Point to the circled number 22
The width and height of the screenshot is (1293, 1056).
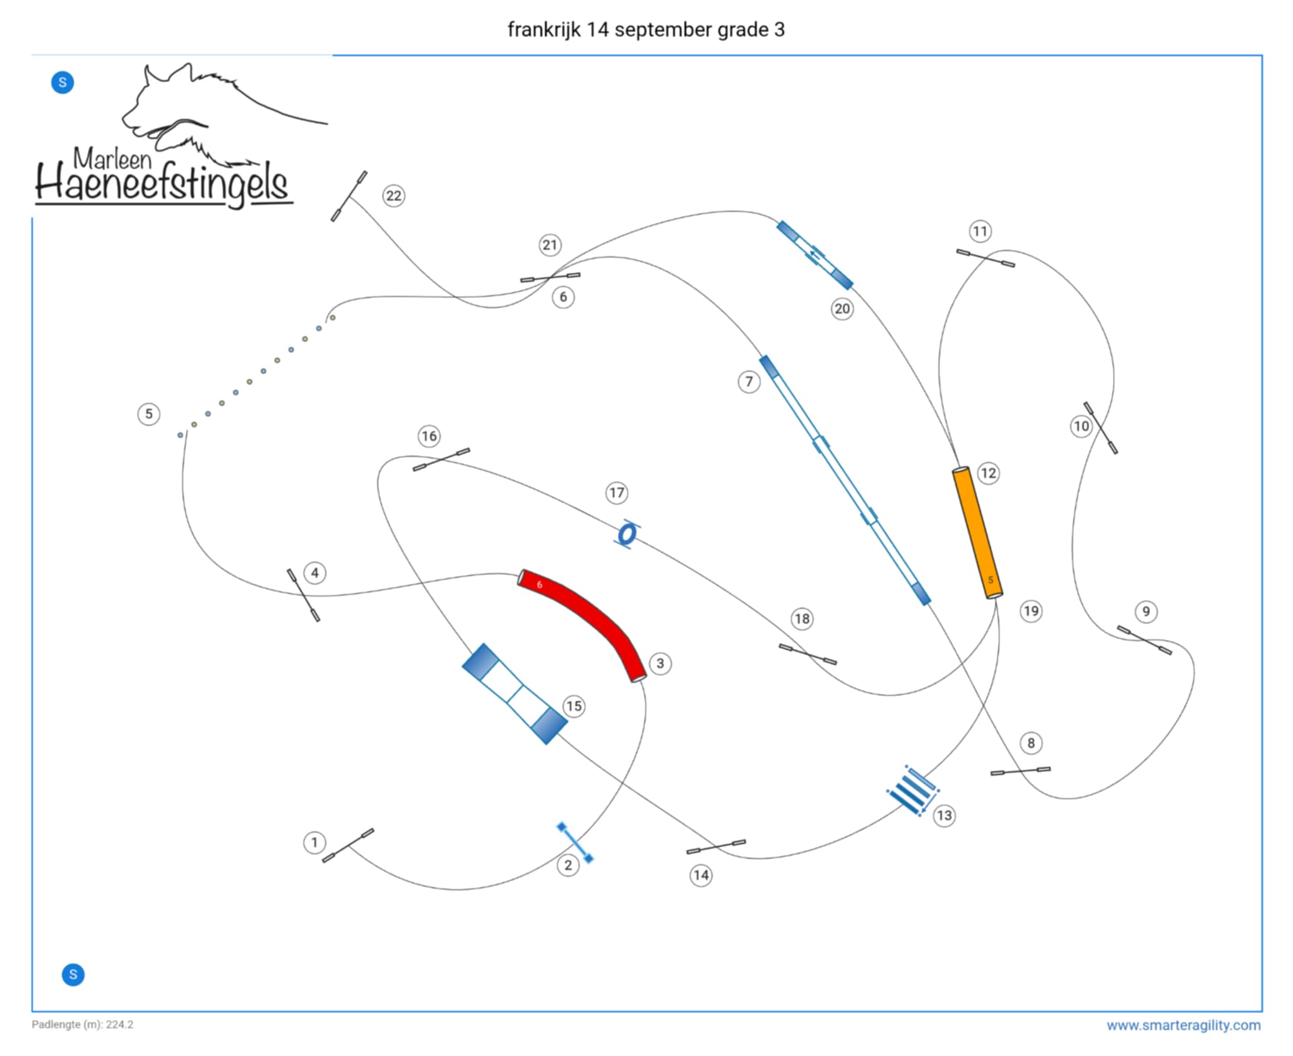coord(393,196)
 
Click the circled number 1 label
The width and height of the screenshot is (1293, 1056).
coord(314,842)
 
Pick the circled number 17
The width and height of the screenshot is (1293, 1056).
coord(617,492)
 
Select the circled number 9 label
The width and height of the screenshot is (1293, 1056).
coord(1146,611)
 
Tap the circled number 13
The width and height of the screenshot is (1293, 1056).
coord(944,815)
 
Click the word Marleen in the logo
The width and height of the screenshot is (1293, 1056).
coord(112,158)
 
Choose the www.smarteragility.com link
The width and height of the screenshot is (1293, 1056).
coord(1183,1025)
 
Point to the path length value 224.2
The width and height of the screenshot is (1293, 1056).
coord(119,1024)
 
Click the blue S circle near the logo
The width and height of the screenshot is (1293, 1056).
coord(63,82)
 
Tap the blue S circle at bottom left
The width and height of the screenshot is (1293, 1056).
coord(73,974)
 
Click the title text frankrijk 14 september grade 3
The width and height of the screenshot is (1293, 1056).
coord(646,30)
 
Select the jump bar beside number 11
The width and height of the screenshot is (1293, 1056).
coord(986,258)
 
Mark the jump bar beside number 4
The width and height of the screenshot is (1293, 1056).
coord(304,595)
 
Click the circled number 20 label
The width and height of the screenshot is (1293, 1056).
coord(842,309)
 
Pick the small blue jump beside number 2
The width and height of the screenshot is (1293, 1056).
coord(575,842)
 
